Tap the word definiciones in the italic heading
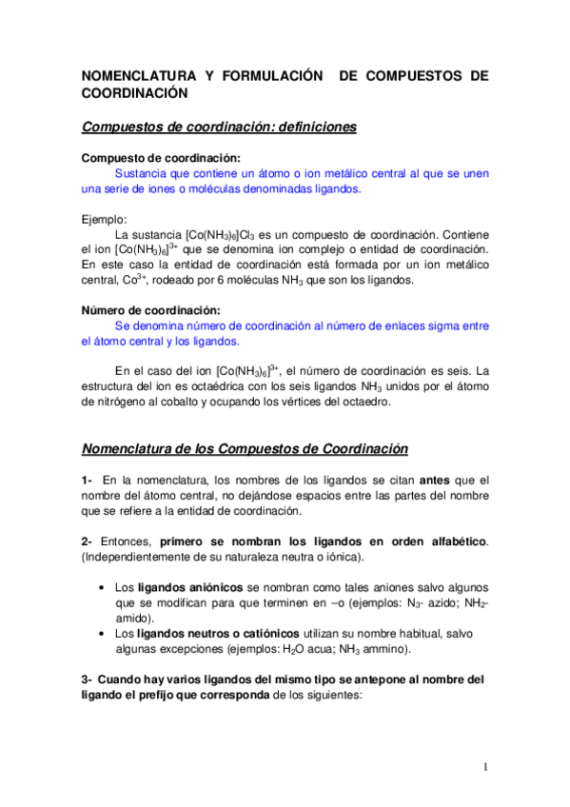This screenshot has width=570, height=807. [306, 128]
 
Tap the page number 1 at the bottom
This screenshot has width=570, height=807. [484, 767]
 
